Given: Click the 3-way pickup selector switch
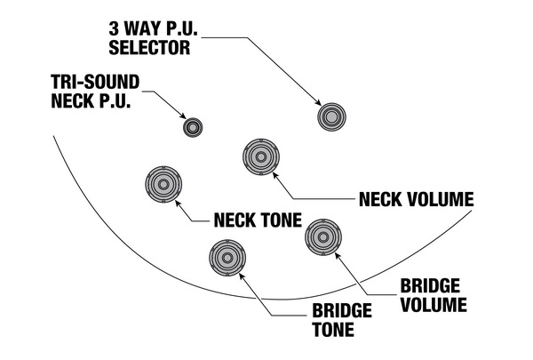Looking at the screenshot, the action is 331,116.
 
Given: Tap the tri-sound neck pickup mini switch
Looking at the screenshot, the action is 193,128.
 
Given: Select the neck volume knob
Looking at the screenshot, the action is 261,156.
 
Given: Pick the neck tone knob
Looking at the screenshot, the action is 163,184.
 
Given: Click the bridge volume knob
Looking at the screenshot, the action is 323,237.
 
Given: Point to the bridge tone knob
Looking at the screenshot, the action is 227,258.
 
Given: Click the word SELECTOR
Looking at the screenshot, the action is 149,47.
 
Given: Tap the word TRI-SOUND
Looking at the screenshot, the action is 95,82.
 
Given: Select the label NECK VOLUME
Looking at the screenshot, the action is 416,199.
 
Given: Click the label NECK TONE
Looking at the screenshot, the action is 258,220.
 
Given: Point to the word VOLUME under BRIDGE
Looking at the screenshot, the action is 434,305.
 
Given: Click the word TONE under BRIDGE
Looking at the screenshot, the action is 333,330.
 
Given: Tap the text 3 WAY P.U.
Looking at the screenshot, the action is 154,28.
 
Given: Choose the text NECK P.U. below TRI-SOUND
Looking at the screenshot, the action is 91,100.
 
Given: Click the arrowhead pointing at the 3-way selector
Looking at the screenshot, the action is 317,101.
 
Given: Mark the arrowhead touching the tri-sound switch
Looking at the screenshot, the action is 182,116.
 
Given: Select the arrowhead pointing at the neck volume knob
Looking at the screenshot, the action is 275,175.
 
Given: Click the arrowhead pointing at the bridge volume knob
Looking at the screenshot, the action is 338,255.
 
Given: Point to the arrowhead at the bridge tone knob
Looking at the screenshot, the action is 242,276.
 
